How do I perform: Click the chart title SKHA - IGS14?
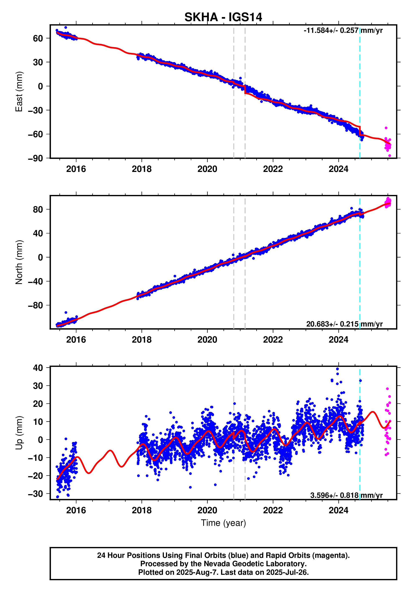click(223, 17)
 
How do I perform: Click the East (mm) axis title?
click(19, 91)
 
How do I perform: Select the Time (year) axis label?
click(223, 523)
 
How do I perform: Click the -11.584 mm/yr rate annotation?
click(343, 31)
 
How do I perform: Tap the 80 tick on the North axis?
click(38, 209)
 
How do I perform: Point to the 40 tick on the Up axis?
click(38, 368)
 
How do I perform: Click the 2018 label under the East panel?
click(141, 169)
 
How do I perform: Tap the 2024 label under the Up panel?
click(338, 510)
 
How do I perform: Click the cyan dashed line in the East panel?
click(360, 78)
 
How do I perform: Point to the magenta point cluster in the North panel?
click(388, 202)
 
